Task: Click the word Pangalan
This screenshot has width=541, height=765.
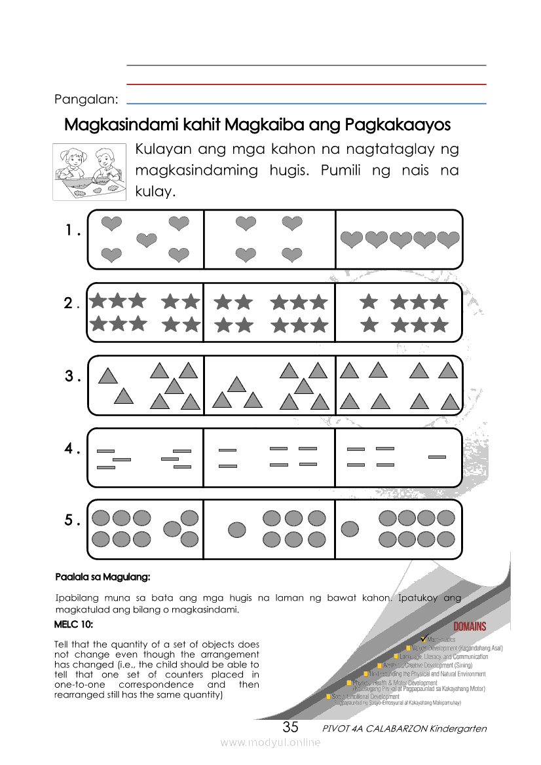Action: pyautogui.click(x=86, y=99)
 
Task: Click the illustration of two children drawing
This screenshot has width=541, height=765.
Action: pyautogui.click(x=90, y=171)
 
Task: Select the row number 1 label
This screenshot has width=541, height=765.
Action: pyautogui.click(x=72, y=231)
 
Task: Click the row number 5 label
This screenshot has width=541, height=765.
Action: pyautogui.click(x=72, y=521)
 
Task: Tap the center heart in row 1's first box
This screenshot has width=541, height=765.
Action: pyautogui.click(x=146, y=241)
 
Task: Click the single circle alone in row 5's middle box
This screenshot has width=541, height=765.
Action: pyautogui.click(x=236, y=529)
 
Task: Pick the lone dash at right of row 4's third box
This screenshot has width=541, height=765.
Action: pyautogui.click(x=437, y=457)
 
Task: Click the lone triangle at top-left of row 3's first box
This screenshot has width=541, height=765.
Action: pyautogui.click(x=107, y=376)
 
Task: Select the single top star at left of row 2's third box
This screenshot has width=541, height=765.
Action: pyautogui.click(x=369, y=302)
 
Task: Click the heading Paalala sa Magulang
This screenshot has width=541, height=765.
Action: pyautogui.click(x=103, y=577)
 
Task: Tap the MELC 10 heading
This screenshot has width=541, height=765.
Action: pyautogui.click(x=73, y=625)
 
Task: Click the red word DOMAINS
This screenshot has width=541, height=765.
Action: pyautogui.click(x=470, y=626)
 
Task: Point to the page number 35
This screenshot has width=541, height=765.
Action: pyautogui.click(x=290, y=727)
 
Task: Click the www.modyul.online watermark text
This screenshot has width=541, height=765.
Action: pyautogui.click(x=270, y=742)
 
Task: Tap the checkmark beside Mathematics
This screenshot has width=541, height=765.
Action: pyautogui.click(x=424, y=638)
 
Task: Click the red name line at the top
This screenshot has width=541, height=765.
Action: pyautogui.click(x=306, y=84)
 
